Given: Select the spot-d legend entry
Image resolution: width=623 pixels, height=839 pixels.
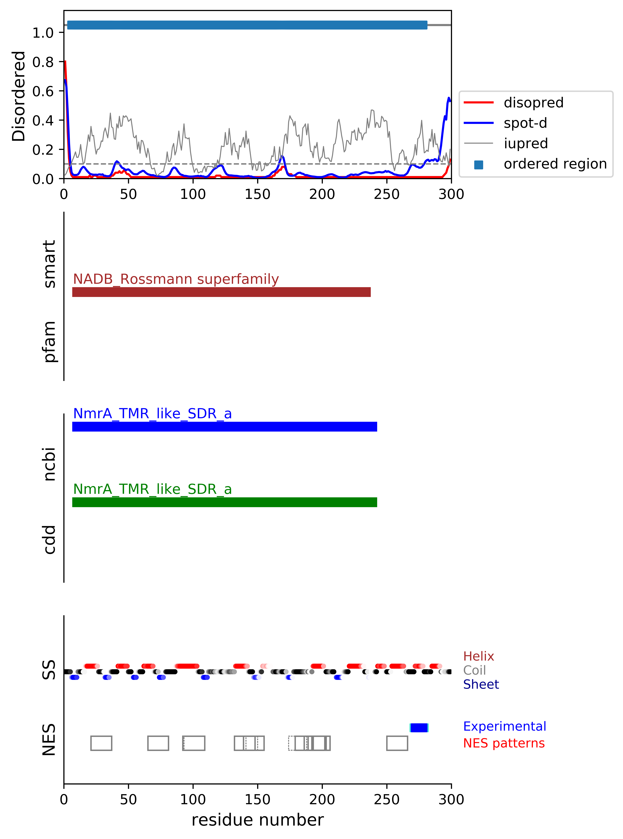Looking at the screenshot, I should click(x=525, y=123).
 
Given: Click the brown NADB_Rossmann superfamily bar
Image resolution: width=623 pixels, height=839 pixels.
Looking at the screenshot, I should click(x=221, y=292).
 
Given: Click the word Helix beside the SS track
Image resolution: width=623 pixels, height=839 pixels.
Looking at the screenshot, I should click(x=478, y=656).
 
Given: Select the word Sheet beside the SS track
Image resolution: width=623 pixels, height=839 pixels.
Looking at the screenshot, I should click(x=481, y=684).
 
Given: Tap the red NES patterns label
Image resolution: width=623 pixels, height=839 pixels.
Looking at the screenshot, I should click(x=504, y=743).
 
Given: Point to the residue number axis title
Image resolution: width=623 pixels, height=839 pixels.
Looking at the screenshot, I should click(x=258, y=820).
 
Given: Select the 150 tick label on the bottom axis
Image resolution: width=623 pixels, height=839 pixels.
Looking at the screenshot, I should click(x=258, y=799).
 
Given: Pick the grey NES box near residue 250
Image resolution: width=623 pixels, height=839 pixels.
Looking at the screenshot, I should click(x=397, y=743).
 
